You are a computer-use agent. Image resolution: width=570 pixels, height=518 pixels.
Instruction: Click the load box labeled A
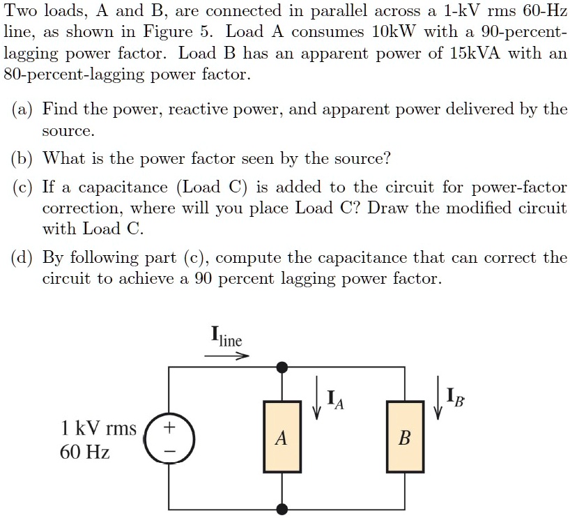[x=282, y=438]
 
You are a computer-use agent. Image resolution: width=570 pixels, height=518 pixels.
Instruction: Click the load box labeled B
[x=405, y=438]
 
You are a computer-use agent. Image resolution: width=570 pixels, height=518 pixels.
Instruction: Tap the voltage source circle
[x=169, y=439]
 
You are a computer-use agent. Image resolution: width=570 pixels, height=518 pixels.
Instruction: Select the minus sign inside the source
[x=169, y=451]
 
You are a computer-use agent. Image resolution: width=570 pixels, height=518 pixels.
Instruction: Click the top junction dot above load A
[x=282, y=367]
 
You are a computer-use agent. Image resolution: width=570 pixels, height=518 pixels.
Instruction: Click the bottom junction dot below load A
[x=282, y=510]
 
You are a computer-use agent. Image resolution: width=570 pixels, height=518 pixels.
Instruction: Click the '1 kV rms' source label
[x=98, y=427]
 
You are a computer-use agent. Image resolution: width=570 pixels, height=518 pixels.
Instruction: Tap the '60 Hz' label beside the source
[x=84, y=452]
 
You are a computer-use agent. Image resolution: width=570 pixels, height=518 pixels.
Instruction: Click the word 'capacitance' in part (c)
[x=125, y=188]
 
